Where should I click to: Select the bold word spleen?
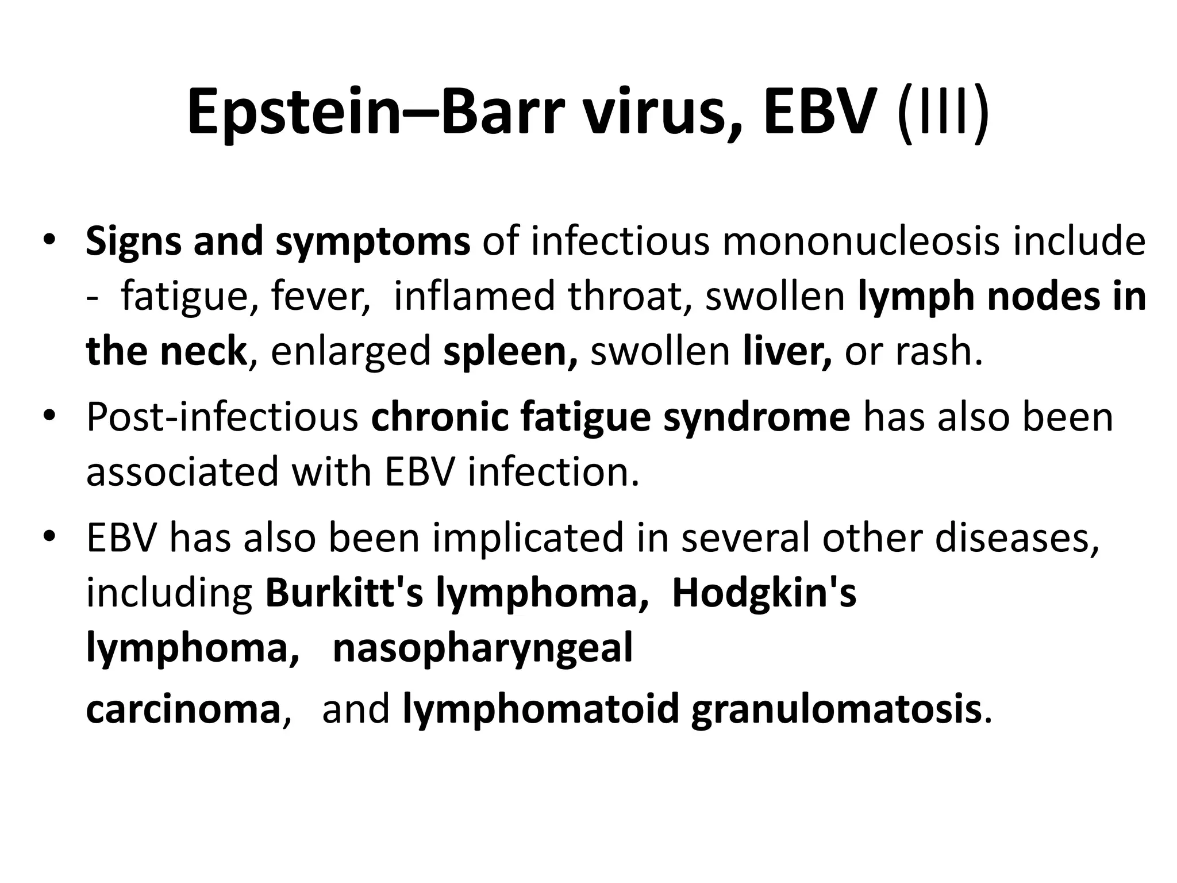click(x=510, y=352)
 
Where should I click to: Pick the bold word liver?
click(x=787, y=351)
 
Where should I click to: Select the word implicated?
click(x=528, y=538)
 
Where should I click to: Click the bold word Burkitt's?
click(x=344, y=593)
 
